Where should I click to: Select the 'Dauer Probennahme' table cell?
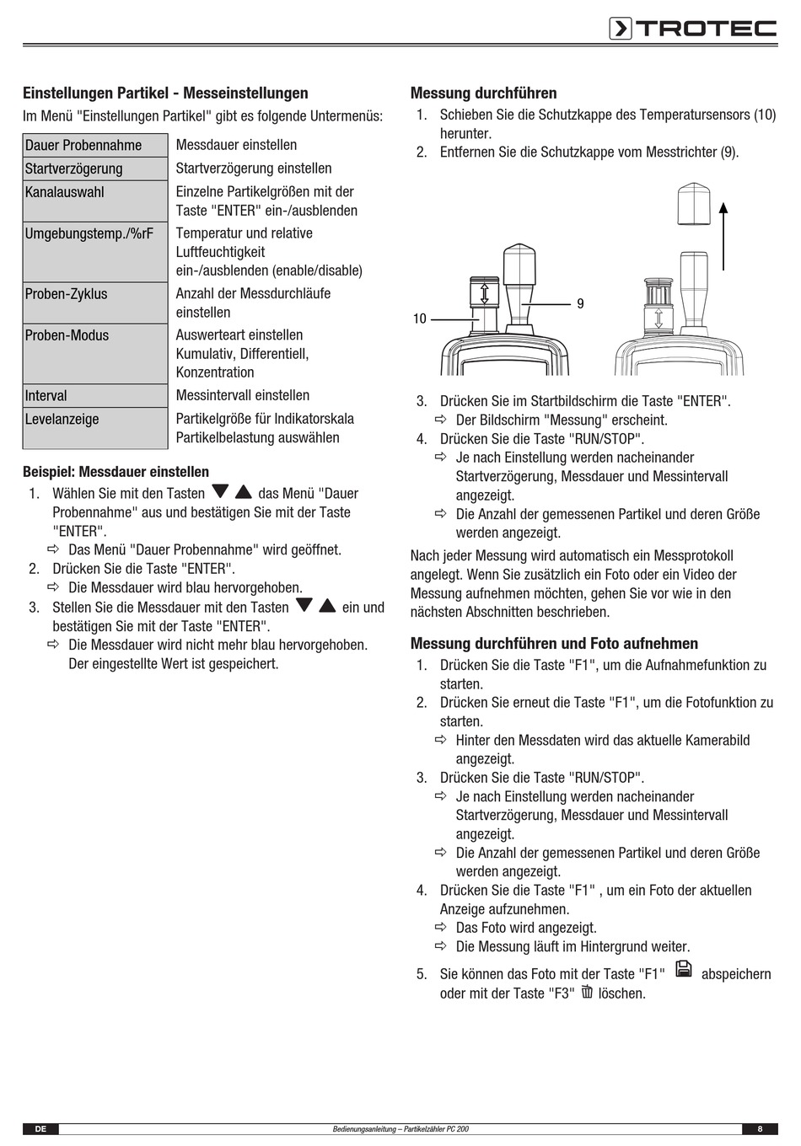click(94, 145)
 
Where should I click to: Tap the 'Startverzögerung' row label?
click(94, 169)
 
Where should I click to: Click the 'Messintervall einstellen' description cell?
click(243, 395)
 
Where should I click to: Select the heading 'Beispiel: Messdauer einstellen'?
click(116, 472)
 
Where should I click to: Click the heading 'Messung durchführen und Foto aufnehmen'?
click(554, 644)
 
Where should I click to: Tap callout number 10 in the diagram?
click(420, 319)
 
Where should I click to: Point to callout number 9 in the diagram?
click(580, 303)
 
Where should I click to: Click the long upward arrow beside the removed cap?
click(723, 235)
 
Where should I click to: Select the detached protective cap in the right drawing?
click(693, 203)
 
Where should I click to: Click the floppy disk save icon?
click(683, 969)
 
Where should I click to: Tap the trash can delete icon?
click(587, 992)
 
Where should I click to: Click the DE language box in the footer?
click(40, 1129)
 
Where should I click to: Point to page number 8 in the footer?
click(760, 1129)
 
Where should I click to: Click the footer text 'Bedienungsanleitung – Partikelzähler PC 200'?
click(400, 1129)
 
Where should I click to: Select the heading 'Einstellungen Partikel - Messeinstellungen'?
click(165, 94)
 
